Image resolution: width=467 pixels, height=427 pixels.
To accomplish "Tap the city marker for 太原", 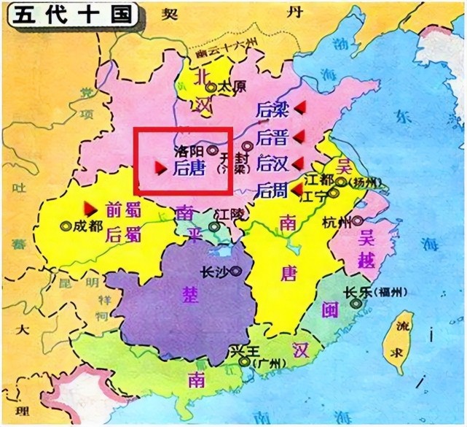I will click(x=211, y=88).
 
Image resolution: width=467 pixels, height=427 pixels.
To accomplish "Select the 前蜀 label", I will click(x=121, y=208).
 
